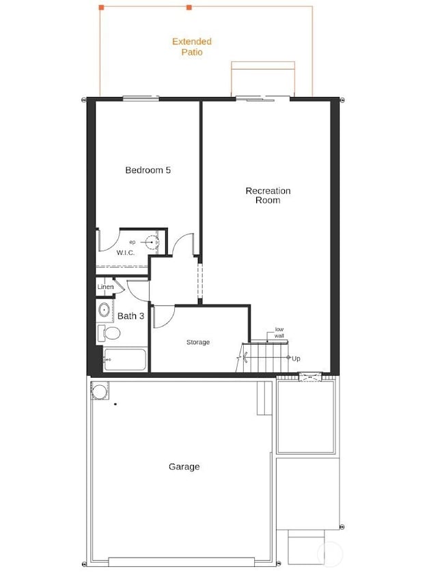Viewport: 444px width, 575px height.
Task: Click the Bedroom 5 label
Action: [148, 170]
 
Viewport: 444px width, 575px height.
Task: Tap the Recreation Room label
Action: [268, 195]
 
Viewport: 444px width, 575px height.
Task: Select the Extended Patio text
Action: [192, 46]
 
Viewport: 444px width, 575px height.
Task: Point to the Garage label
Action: [184, 467]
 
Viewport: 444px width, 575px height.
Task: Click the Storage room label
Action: [198, 342]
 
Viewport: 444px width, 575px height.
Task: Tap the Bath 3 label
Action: [130, 316]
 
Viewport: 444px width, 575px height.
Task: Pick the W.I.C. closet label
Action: [126, 253]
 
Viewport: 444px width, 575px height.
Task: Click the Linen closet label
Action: [105, 287]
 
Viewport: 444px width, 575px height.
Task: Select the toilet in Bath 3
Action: [109, 334]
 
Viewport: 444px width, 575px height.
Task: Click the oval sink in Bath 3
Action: [105, 311]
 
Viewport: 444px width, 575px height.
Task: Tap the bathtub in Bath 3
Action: [125, 360]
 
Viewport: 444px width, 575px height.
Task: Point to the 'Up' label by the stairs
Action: [296, 359]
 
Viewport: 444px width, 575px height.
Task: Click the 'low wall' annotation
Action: [279, 333]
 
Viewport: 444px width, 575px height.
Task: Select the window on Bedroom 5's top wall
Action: [141, 99]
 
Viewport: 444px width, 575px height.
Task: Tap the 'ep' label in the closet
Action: [133, 242]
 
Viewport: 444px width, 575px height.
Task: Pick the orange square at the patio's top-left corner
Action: [101, 8]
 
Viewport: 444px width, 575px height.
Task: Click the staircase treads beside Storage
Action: [263, 357]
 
